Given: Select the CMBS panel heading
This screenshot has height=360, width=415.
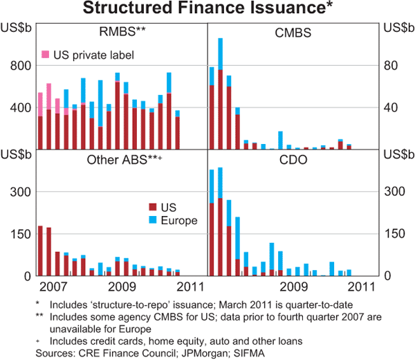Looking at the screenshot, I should pos(293,32).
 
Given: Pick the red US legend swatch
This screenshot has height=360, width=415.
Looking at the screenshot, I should pos(154,207).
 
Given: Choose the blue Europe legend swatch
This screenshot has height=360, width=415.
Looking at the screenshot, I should pos(154,221).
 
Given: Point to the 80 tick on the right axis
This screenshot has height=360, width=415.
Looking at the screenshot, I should pos(391,66).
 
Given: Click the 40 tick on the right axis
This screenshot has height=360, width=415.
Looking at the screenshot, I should pos(391,108).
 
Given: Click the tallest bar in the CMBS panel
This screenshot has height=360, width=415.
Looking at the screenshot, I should pos(220,93).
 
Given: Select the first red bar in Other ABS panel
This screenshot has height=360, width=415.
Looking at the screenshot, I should pos(40,251).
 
